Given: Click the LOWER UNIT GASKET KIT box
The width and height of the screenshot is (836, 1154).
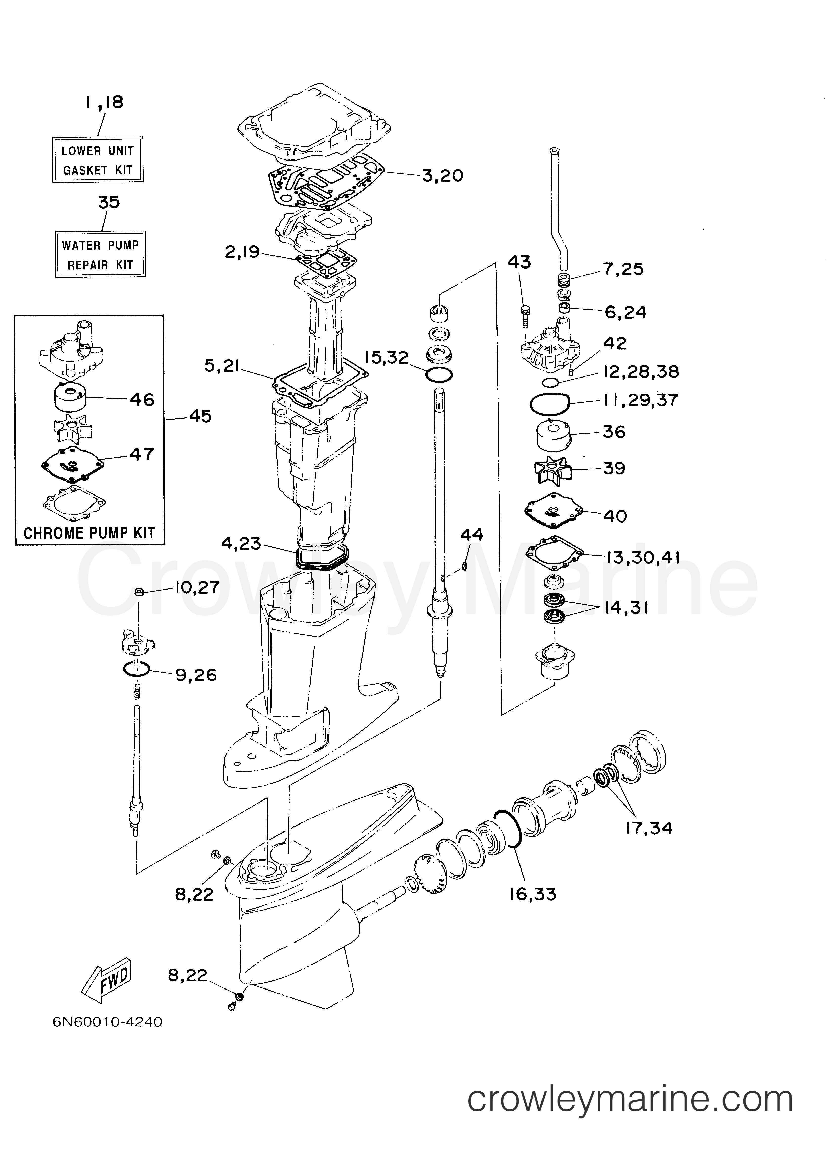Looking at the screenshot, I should pos(98,160).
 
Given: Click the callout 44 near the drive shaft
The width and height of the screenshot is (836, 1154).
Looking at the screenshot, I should pos(472,535).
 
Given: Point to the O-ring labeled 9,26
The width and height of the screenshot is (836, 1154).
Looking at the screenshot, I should pos(136,670).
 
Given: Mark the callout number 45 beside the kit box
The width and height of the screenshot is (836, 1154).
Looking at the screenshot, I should pos(200,416).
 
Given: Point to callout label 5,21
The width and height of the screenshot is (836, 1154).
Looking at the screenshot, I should pos(222,365).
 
